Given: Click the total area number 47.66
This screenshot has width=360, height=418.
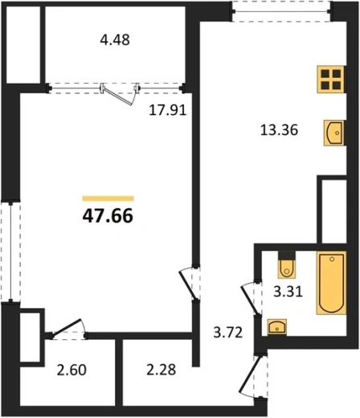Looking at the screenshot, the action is [x=108, y=216].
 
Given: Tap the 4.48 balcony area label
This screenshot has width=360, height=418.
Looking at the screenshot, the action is [x=115, y=40].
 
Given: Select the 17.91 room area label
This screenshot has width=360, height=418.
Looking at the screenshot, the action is [x=167, y=110].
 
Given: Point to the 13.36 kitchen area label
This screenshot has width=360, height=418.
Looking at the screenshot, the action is [x=279, y=130].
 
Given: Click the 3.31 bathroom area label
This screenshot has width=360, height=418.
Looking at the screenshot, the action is [x=288, y=291].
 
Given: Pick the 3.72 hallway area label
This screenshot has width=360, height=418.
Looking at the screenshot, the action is [x=228, y=333].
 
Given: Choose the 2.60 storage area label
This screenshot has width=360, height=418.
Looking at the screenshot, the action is [x=72, y=370].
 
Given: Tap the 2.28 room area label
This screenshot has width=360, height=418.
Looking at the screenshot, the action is [x=162, y=370].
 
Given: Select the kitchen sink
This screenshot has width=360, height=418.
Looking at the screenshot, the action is [x=333, y=133].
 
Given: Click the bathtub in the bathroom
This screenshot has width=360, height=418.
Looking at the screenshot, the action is [x=332, y=283].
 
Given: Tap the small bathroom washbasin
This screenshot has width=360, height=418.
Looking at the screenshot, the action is [x=277, y=327].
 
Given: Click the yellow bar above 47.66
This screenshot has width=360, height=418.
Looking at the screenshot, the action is [x=108, y=199].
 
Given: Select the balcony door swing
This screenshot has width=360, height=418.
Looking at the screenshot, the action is [x=119, y=96].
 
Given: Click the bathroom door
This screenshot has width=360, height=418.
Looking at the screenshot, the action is [x=250, y=299].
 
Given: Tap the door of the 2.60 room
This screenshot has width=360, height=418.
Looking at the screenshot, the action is [x=68, y=328].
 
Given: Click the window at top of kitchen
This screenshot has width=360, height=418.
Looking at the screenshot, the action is [x=281, y=11].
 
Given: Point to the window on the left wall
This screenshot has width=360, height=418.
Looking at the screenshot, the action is [x=10, y=252].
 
